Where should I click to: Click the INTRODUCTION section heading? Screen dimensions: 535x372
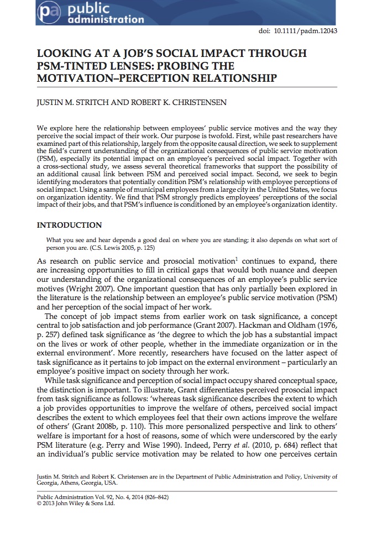point(69,225)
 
